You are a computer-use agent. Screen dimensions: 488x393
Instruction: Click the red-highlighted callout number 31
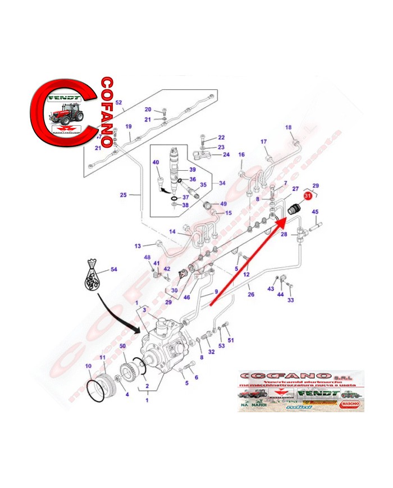click(x=308, y=196)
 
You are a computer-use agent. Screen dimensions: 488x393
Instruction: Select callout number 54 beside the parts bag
click(x=113, y=270)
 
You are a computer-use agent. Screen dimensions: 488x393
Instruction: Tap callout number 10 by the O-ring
click(x=88, y=366)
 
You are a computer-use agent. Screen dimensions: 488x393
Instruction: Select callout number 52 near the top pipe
click(x=118, y=102)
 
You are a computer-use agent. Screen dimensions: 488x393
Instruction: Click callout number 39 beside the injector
click(x=191, y=170)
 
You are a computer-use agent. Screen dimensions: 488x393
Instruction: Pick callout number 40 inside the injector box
click(x=156, y=162)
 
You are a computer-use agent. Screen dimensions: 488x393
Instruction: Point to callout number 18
click(x=289, y=127)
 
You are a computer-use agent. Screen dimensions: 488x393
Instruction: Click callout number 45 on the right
click(x=315, y=212)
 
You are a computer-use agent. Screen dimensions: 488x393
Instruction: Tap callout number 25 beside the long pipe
click(x=123, y=195)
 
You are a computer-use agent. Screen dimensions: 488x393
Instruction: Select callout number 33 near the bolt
click(x=291, y=300)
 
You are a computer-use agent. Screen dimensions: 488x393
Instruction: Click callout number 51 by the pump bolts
click(x=230, y=340)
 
